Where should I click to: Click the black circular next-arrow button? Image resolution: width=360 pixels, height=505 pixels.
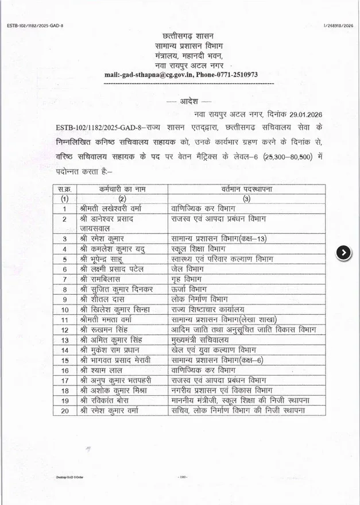click(344, 252)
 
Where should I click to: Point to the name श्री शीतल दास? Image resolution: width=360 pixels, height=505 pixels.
click(103, 299)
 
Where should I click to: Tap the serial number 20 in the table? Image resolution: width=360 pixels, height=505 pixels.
click(65, 410)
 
